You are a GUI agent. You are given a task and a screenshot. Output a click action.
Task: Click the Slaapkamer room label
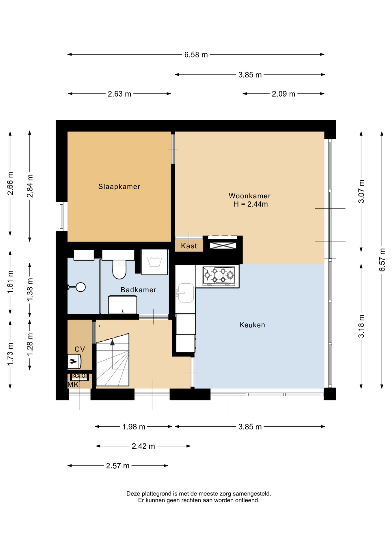(x=119, y=187)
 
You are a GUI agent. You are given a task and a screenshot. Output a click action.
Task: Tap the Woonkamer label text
(x=250, y=196)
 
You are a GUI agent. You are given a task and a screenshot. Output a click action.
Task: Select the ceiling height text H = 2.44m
(x=251, y=204)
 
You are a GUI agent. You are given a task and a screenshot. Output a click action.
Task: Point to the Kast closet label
(x=189, y=246)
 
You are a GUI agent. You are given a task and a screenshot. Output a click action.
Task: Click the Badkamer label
(x=138, y=290)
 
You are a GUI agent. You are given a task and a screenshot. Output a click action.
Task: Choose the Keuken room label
(x=252, y=325)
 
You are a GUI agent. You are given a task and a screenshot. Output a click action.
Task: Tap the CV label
(x=80, y=349)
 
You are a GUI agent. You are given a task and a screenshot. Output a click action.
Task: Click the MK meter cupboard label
(x=73, y=384)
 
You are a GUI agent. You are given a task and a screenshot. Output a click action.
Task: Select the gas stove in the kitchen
(x=219, y=276)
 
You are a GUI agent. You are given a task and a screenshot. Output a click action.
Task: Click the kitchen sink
(x=186, y=293)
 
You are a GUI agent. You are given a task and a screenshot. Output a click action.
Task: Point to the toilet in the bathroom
(x=119, y=269)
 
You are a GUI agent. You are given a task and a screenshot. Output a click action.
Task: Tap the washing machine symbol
(x=154, y=262)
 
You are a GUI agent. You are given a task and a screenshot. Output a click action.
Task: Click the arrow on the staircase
(x=112, y=343)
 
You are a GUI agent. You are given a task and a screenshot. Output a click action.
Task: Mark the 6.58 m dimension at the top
(x=196, y=55)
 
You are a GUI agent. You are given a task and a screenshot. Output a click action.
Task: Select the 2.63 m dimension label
(x=120, y=94)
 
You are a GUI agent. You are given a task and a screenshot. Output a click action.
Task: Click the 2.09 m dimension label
(x=283, y=94)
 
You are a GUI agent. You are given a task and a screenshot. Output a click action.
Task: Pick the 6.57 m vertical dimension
(x=382, y=260)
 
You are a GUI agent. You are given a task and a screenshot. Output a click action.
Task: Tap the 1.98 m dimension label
(x=134, y=427)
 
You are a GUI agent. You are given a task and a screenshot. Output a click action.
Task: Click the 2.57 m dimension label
(x=118, y=466)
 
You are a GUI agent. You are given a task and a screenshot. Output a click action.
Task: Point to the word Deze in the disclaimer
(x=133, y=494)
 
